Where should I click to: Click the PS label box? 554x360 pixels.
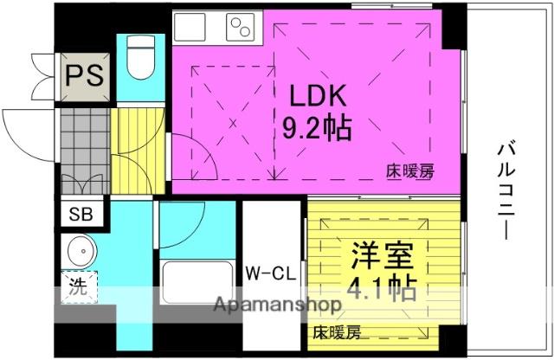pos(84,73)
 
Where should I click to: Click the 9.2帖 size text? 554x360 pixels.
pos(316,130)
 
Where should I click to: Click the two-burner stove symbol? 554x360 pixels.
pos(241,27)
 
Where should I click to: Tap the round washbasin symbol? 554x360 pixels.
pos(79,251)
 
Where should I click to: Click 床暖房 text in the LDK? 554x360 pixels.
pos(409,171)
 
